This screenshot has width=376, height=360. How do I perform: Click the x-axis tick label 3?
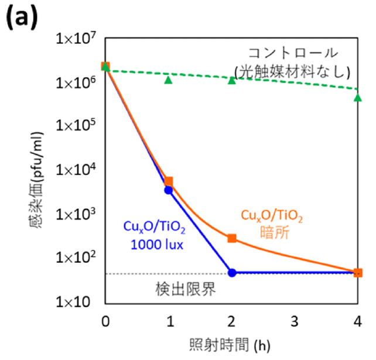pyautogui.click(x=295, y=321)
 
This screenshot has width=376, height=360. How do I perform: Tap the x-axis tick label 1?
pyautogui.click(x=169, y=321)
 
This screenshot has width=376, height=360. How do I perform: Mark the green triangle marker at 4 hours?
pyautogui.click(x=358, y=97)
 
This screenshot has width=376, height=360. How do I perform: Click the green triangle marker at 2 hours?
pyautogui.click(x=232, y=80)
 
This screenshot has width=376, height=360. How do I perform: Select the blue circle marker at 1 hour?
pyautogui.click(x=169, y=190)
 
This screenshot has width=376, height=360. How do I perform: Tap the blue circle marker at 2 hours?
pyautogui.click(x=232, y=273)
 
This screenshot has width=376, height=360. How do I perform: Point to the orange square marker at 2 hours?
pyautogui.click(x=232, y=238)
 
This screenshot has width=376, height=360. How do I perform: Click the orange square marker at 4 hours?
pyautogui.click(x=358, y=272)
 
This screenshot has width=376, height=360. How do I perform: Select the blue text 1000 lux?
pyautogui.click(x=154, y=244)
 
